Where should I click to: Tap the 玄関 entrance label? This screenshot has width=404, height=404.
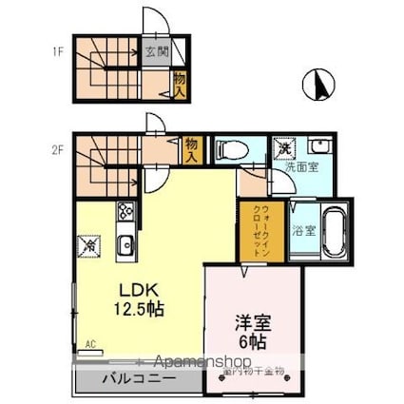[157, 53]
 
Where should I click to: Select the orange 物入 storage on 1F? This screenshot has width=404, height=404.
[179, 84]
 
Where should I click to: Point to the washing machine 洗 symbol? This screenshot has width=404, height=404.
[283, 148]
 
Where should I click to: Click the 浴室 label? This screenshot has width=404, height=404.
[303, 228]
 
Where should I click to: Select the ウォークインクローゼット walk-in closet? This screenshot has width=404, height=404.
[253, 230]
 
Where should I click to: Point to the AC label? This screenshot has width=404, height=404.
[91, 344]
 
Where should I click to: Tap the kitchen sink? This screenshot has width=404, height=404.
[125, 247]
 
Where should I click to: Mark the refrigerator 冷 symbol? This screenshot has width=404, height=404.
[91, 244]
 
